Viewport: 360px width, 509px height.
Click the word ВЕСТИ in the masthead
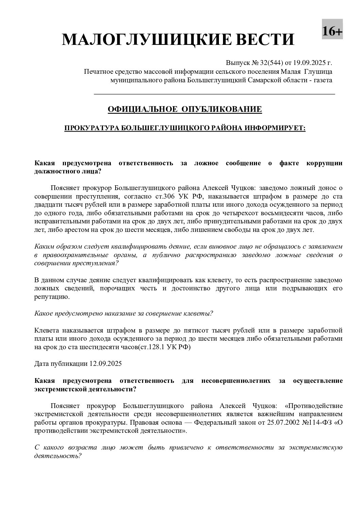point(260,40)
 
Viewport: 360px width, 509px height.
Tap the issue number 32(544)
point(272,63)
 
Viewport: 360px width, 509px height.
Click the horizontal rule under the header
point(214,94)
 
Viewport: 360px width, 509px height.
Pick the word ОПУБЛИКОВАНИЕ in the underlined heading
point(222,109)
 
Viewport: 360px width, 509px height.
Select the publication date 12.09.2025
point(105,363)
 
